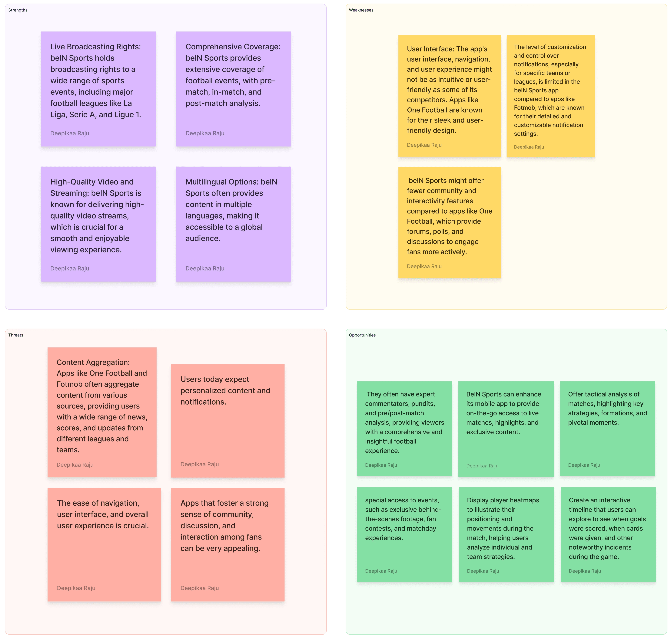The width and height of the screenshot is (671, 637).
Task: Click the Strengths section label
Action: pyautogui.click(x=18, y=10)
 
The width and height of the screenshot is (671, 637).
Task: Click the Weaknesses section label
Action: pyautogui.click(x=361, y=10)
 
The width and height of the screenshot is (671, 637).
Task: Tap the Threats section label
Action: pyautogui.click(x=16, y=335)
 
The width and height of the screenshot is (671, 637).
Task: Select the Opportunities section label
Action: pyautogui.click(x=362, y=335)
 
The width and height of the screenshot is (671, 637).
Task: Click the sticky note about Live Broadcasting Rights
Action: pyautogui.click(x=98, y=89)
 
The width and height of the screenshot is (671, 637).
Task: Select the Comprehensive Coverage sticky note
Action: pyautogui.click(x=233, y=89)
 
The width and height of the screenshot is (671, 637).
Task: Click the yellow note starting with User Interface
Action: pyautogui.click(x=450, y=96)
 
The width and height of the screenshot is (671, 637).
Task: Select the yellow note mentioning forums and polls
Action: pyautogui.click(x=450, y=222)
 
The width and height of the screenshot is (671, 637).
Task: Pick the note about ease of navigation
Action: pyautogui.click(x=104, y=544)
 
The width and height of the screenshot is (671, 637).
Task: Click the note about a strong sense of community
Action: pyautogui.click(x=228, y=544)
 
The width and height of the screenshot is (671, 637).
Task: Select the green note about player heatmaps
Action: pyautogui.click(x=506, y=534)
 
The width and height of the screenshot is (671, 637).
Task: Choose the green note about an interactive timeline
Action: pyautogui.click(x=608, y=534)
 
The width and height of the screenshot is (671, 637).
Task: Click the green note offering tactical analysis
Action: pyautogui.click(x=607, y=428)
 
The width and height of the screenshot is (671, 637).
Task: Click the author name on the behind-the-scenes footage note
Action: pyautogui.click(x=381, y=571)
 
